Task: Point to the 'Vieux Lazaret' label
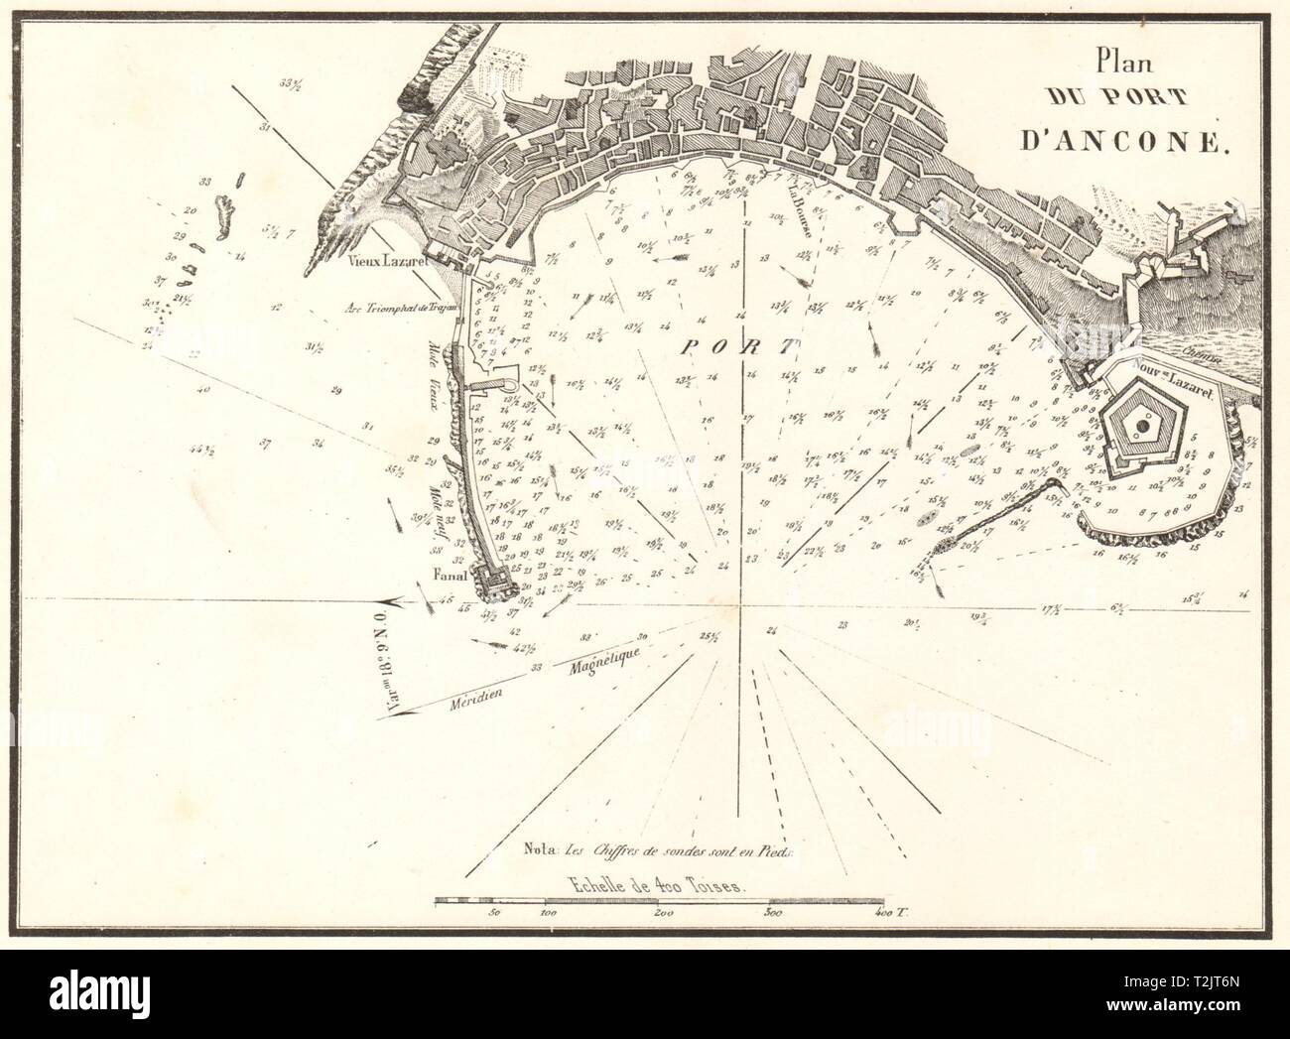coord(386,266)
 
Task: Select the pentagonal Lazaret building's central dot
coord(1143,425)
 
